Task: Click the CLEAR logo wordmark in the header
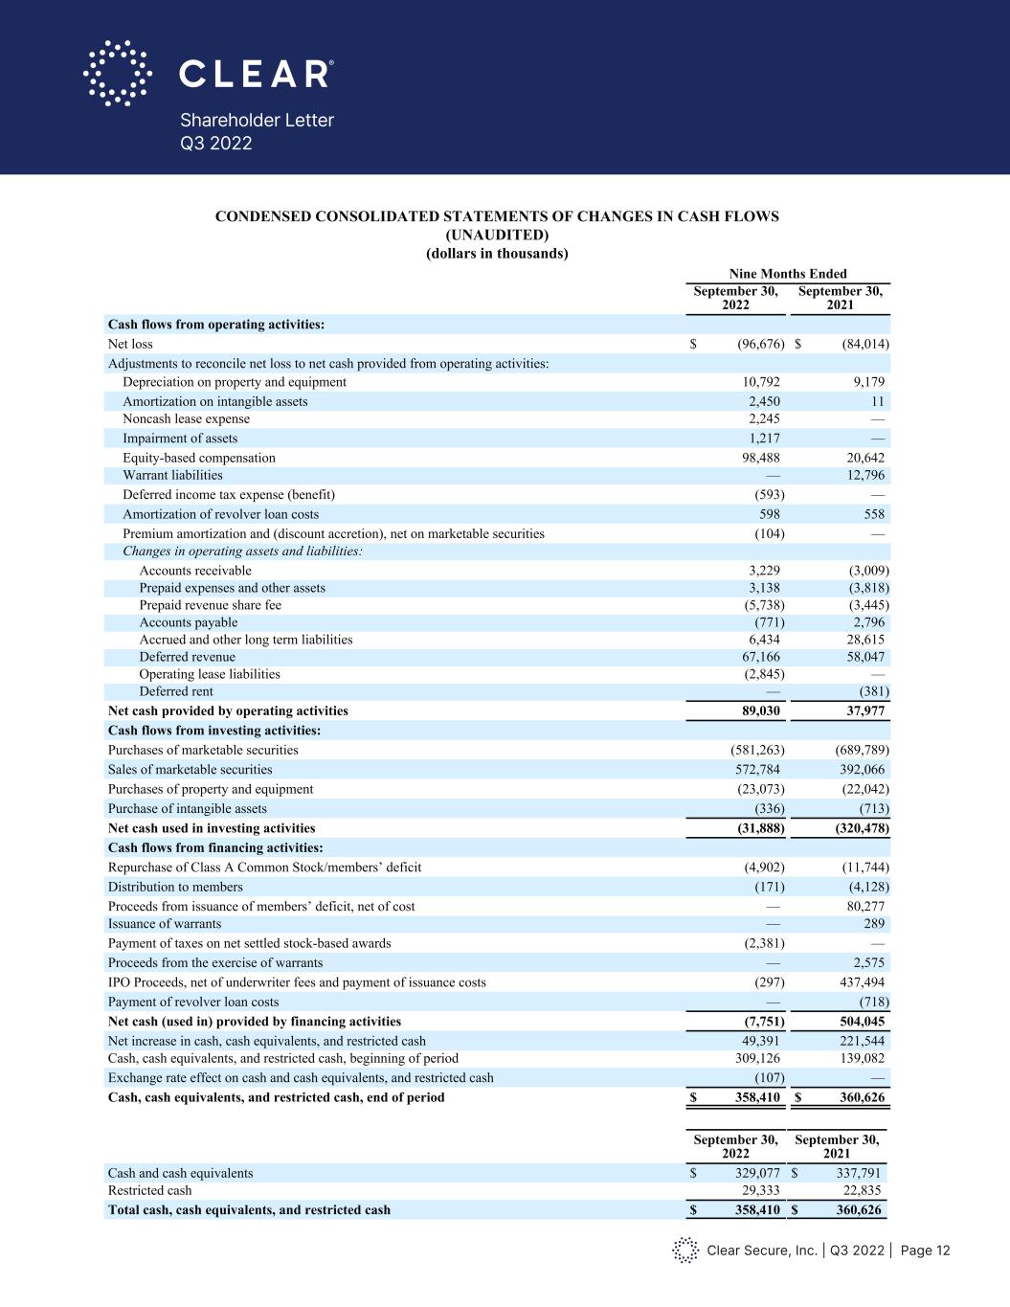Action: (x=257, y=74)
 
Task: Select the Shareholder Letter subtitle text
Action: (x=257, y=121)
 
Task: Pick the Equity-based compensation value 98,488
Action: (x=758, y=458)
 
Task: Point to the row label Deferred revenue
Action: (x=187, y=657)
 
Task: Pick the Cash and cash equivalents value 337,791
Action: (x=854, y=1173)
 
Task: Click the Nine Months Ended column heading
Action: (x=788, y=274)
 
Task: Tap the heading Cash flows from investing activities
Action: (x=213, y=731)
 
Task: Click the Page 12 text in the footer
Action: (x=925, y=1251)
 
